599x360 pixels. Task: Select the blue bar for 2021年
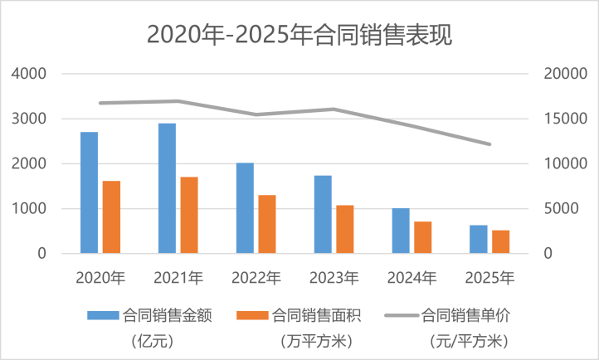pos(168,188)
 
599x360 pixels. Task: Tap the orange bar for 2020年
pos(111,216)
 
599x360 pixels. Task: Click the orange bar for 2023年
pos(345,229)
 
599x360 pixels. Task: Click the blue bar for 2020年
pos(89,192)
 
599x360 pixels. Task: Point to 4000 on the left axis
pos(29,74)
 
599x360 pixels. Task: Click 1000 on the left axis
pos(29,209)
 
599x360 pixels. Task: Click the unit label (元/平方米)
pos(470,340)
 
